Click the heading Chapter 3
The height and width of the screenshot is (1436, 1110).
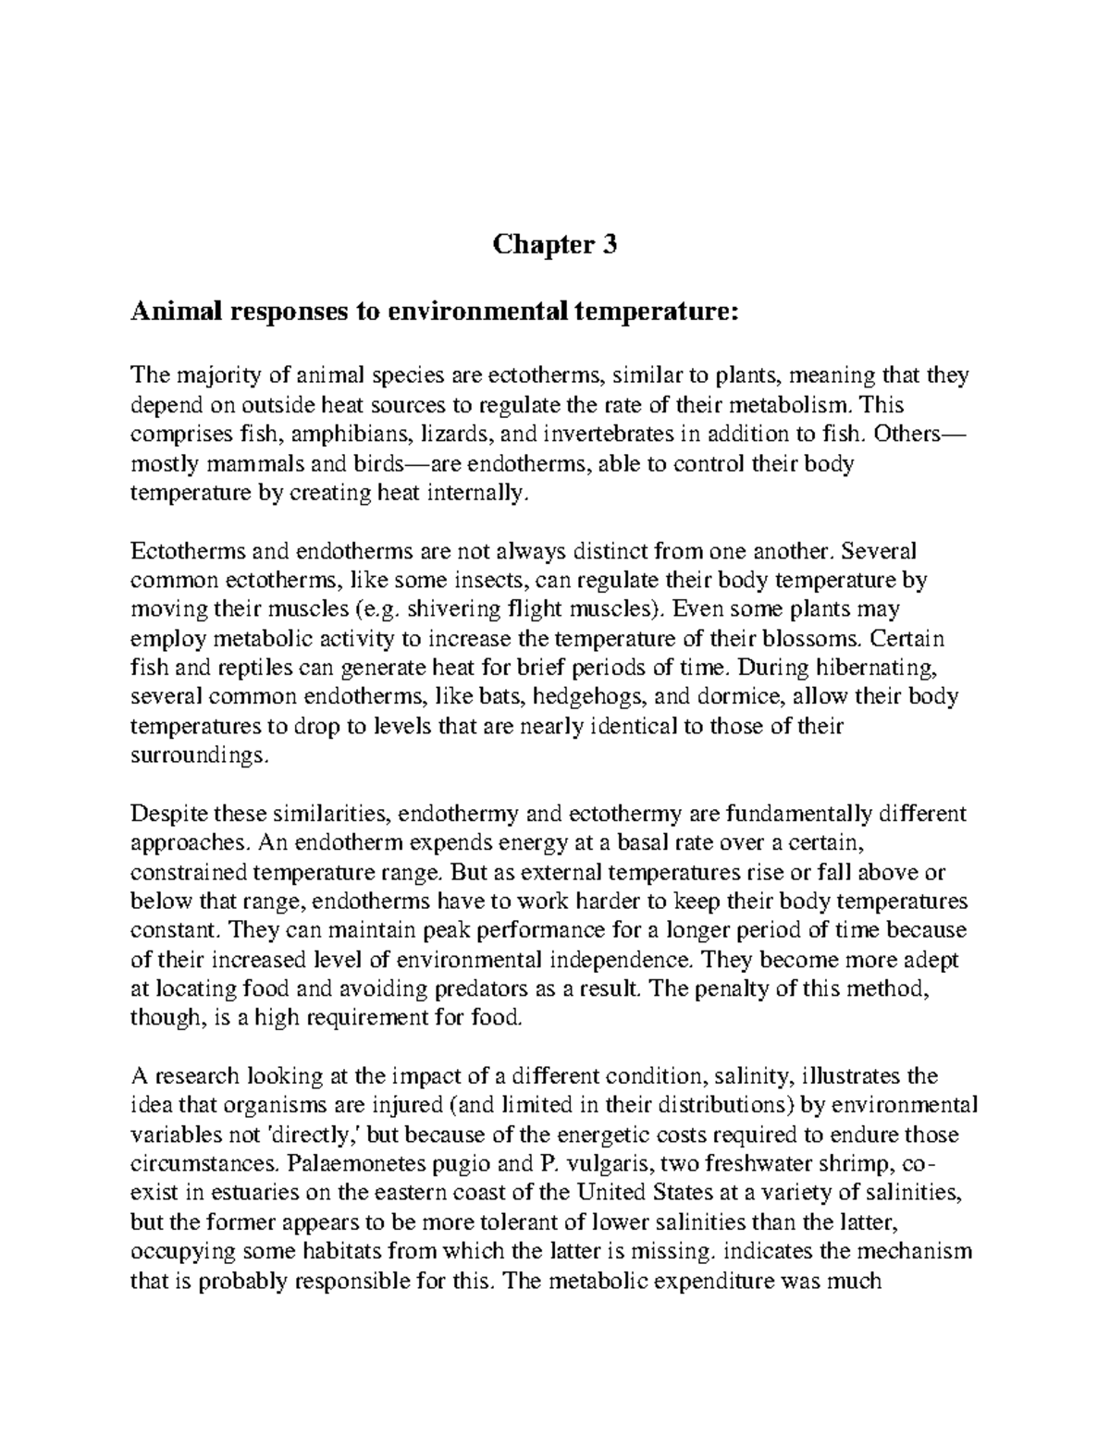pyautogui.click(x=554, y=246)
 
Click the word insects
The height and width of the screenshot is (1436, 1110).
pyautogui.click(x=493, y=581)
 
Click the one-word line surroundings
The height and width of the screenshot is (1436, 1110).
pyautogui.click(x=196, y=755)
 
